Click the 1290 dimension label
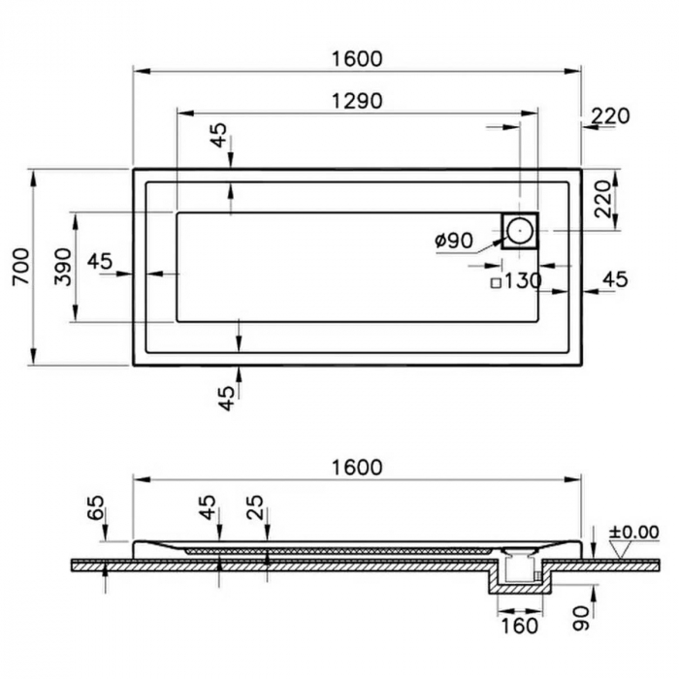coord(357,101)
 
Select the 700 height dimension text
coord(21,267)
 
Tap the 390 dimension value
coord(63,267)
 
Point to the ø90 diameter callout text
coord(454,241)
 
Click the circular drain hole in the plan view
coord(519,231)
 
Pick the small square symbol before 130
coord(496,283)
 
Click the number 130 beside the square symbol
coord(523,281)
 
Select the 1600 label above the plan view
coord(357,59)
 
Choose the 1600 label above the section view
coord(357,468)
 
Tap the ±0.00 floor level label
coord(634,533)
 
